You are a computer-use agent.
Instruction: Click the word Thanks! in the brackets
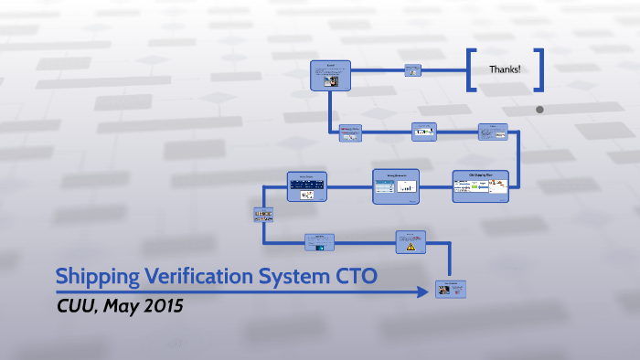pyautogui.click(x=505, y=69)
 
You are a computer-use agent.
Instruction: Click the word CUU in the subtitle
pyautogui.click(x=76, y=305)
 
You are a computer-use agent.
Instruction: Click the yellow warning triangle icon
pyautogui.click(x=411, y=246)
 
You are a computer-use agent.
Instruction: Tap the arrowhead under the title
pyautogui.click(x=424, y=291)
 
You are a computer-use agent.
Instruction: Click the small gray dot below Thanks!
pyautogui.click(x=539, y=110)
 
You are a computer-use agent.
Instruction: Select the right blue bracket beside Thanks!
pyautogui.click(x=539, y=69)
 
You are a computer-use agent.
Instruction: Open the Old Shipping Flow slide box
pyautogui.click(x=480, y=185)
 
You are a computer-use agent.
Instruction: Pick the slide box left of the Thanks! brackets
pyautogui.click(x=412, y=69)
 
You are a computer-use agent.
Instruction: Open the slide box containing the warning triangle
pyautogui.click(x=411, y=241)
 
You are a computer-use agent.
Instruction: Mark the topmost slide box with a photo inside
pyautogui.click(x=330, y=74)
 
